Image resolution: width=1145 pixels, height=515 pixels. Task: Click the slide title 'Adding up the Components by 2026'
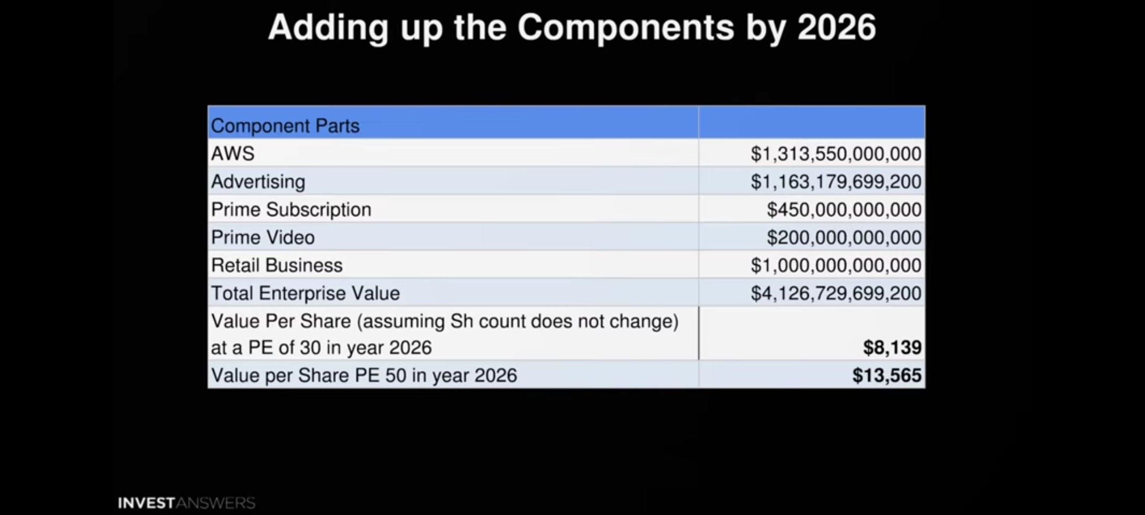click(572, 28)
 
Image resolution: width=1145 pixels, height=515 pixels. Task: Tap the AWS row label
click(233, 154)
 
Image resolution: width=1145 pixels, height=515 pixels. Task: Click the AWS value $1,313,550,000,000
click(836, 154)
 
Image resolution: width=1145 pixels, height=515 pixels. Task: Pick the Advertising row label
click(258, 182)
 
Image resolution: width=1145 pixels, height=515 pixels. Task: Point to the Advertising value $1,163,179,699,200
click(836, 182)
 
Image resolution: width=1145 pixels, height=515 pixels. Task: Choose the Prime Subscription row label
click(291, 210)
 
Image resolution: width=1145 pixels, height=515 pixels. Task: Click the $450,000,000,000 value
click(844, 210)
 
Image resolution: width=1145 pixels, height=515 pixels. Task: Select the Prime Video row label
click(263, 237)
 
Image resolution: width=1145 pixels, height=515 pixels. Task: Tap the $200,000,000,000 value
click(844, 237)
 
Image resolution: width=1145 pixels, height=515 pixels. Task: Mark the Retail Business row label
click(277, 265)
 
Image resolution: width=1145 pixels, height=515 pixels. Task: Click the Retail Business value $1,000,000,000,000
click(836, 266)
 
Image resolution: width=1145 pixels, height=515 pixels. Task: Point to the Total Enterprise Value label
click(305, 293)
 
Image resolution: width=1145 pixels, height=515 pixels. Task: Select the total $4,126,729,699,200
click(836, 293)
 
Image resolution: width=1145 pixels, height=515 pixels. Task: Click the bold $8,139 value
click(892, 348)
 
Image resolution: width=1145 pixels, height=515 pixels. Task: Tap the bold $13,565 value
click(887, 375)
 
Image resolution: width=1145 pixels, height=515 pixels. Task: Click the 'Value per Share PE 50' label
click(364, 376)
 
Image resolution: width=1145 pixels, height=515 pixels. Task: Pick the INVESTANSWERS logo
click(187, 503)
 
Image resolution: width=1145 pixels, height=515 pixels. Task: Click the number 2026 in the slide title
click(837, 28)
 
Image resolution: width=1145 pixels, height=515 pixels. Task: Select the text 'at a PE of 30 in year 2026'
click(321, 348)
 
